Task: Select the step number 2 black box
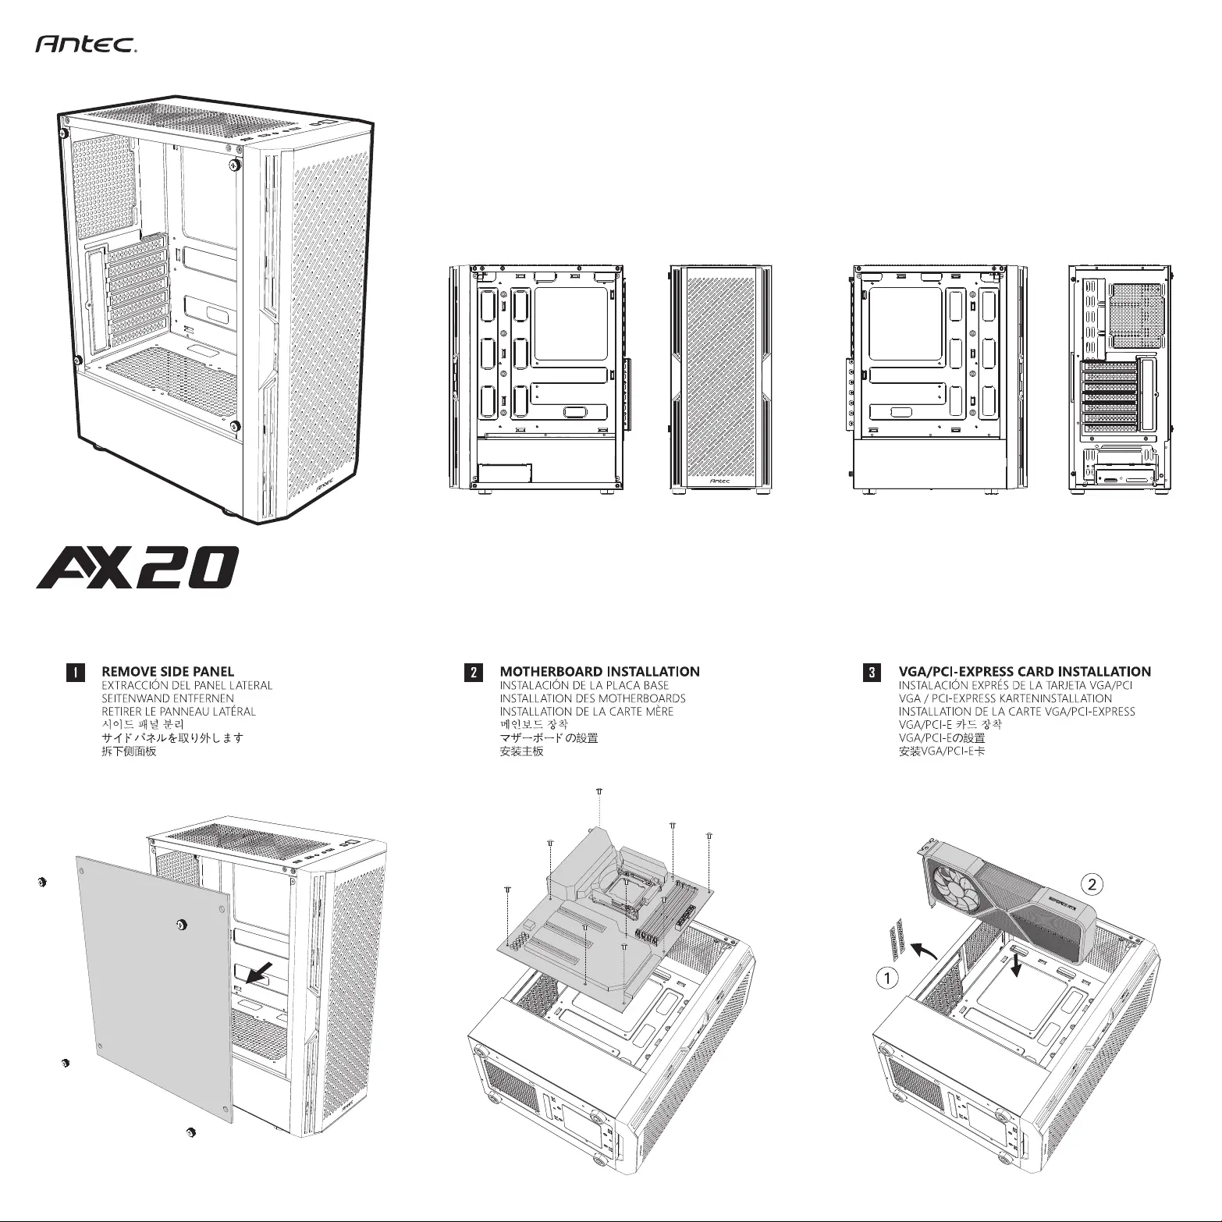472,672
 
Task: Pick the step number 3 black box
872,672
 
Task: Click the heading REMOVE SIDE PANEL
168,671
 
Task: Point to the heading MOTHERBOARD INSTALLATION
599,671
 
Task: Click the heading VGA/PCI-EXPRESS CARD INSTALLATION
1025,671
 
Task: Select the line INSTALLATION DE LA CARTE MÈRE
586,712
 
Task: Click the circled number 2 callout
1092,884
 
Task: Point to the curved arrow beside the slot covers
926,950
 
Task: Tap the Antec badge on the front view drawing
719,481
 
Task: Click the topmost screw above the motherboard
598,791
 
